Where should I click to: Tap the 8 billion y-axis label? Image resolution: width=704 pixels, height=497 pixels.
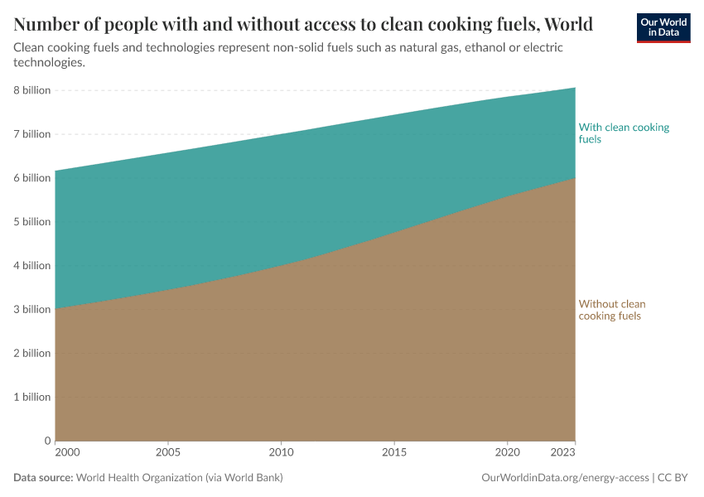pos(32,90)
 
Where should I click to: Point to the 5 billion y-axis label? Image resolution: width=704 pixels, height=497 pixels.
pos(32,222)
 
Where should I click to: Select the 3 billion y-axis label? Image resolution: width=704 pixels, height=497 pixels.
pos(32,310)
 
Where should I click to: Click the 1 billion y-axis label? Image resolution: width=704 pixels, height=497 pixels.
pos(32,398)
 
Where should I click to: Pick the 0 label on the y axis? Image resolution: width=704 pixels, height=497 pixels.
pos(47,441)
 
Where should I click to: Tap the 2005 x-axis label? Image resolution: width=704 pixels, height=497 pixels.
pos(168,453)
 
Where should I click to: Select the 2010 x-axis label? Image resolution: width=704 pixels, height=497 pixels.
pos(282,453)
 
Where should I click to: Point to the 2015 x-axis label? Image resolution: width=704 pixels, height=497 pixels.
pos(394,453)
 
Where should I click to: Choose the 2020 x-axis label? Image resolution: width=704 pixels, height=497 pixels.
pos(507,453)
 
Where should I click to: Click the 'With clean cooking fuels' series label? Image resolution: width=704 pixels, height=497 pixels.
pos(624,133)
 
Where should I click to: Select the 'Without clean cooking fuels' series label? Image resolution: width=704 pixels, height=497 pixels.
pos(612,310)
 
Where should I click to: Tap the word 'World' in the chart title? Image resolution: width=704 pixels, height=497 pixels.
pos(566,24)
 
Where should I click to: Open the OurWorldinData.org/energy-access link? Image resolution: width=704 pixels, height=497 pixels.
pos(565,478)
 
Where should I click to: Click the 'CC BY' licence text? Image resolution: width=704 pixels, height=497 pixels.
pos(673,478)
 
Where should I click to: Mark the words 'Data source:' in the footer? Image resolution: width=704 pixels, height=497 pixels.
pos(43,478)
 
